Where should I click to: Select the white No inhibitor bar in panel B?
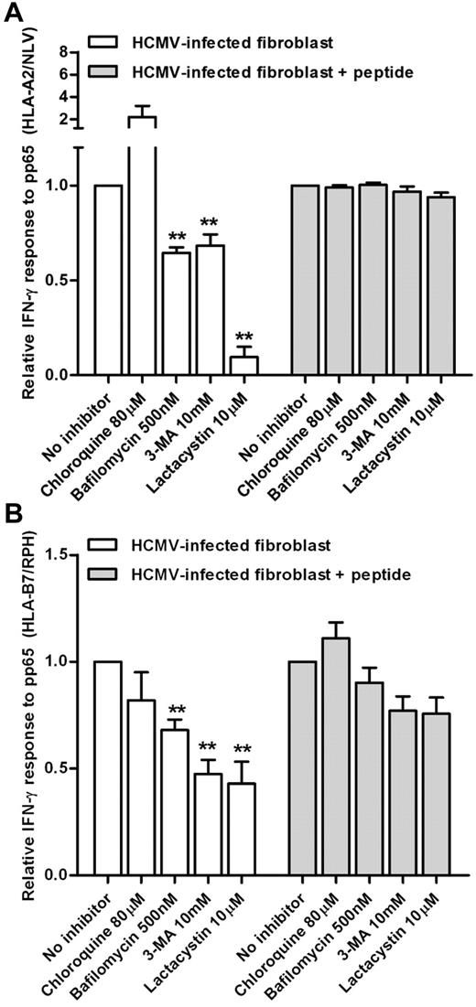(x=107, y=768)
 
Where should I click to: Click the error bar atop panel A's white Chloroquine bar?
(x=141, y=111)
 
